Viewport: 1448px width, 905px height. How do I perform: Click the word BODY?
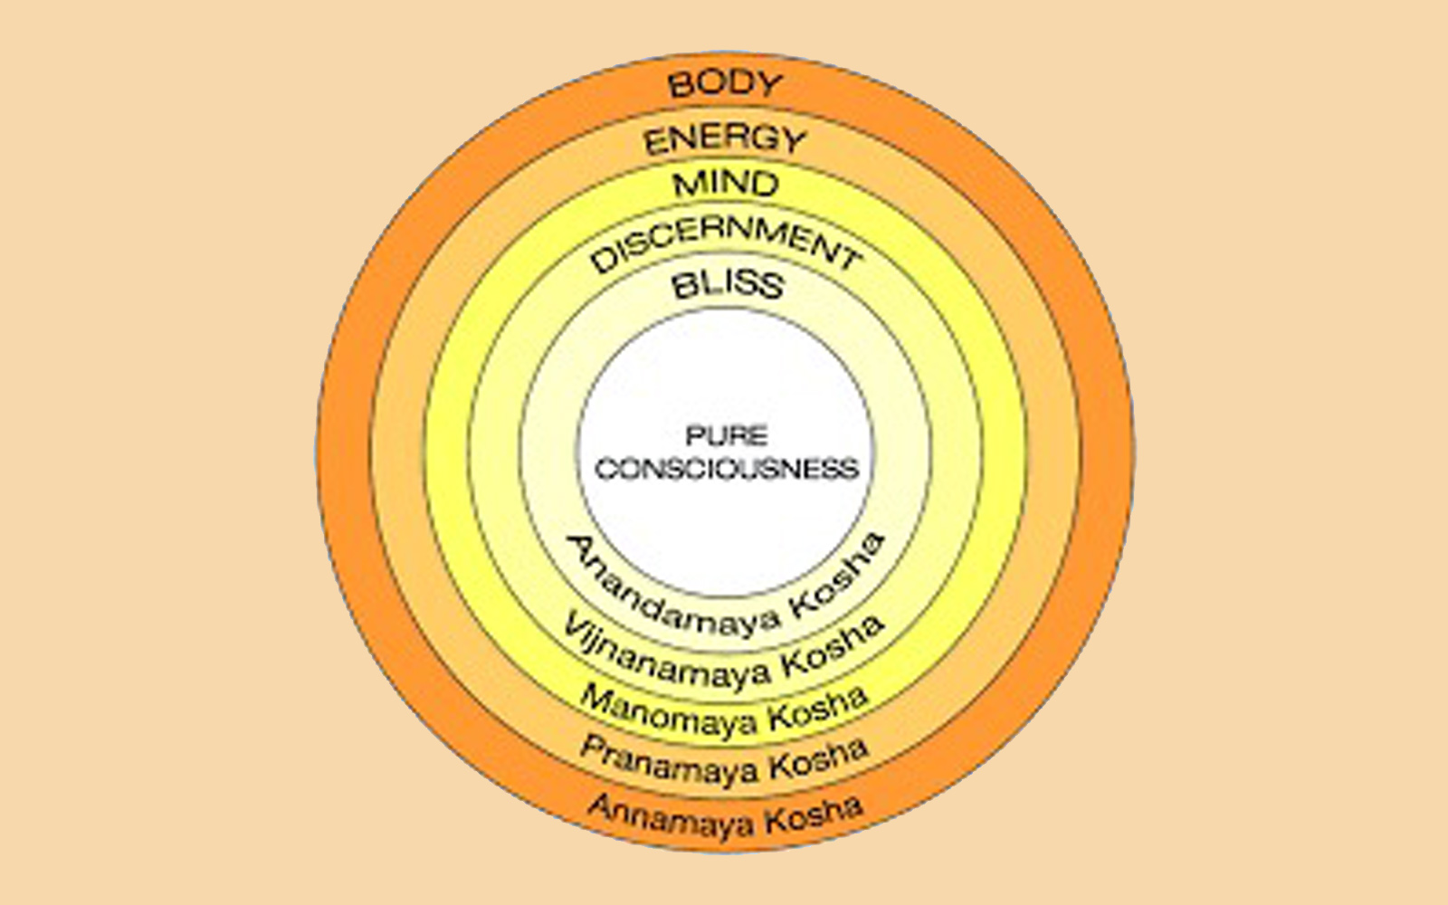pos(725,84)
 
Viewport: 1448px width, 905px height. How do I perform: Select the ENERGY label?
pos(725,140)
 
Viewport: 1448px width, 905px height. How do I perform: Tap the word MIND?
pos(726,184)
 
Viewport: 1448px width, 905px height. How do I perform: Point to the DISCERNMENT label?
pos(725,244)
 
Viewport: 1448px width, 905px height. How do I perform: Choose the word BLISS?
pos(728,285)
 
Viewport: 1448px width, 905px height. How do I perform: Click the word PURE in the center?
pos(727,436)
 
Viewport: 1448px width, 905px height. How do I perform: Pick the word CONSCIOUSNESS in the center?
pos(727,470)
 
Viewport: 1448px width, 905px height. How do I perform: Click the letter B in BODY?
pos(681,87)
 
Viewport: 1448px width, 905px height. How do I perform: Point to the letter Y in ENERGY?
pos(793,141)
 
